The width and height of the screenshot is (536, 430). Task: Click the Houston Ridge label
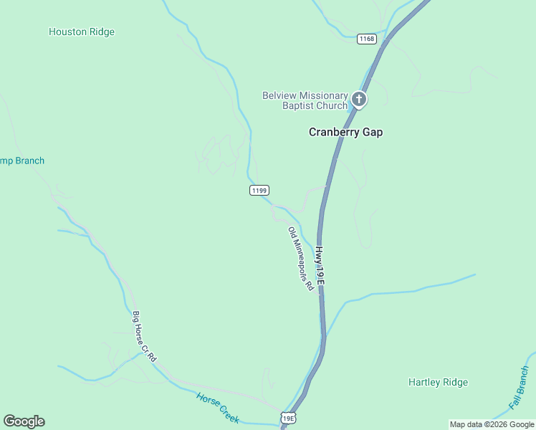(81, 32)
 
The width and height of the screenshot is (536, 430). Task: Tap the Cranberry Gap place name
(345, 132)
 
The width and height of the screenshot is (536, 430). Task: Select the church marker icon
(359, 100)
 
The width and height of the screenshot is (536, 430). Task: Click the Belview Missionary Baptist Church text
(305, 101)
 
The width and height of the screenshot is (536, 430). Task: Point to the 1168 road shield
(366, 39)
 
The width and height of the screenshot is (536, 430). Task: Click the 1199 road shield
(259, 190)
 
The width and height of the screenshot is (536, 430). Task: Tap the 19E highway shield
(288, 418)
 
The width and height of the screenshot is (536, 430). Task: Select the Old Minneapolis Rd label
(302, 259)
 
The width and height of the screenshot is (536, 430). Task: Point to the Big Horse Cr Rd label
(144, 335)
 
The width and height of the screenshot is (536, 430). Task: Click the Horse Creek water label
(218, 407)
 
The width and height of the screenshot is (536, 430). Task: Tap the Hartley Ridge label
(438, 382)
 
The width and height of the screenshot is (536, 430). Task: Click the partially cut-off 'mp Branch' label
(21, 161)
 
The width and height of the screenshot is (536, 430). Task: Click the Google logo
(24, 421)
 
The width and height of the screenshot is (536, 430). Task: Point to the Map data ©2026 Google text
(492, 424)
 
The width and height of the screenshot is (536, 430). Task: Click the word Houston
(68, 32)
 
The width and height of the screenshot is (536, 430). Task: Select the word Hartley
(424, 382)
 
